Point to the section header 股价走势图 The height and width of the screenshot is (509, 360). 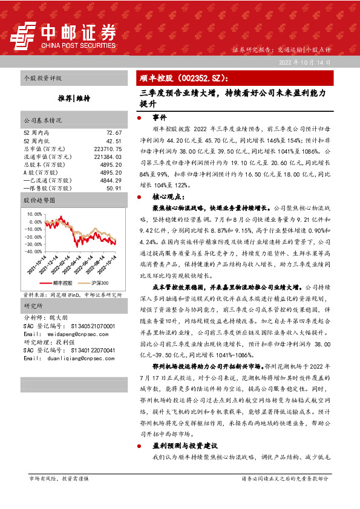(40, 199)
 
